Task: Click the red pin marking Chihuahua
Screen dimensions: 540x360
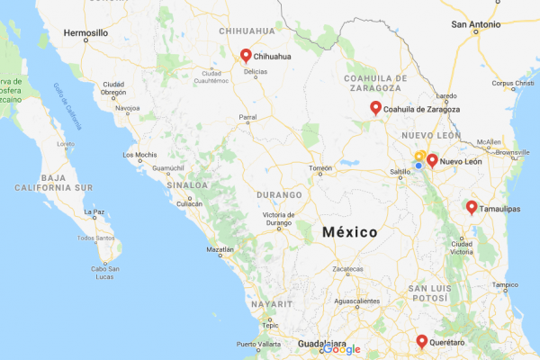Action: click(x=246, y=54)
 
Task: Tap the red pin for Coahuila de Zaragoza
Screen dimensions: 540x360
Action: click(x=375, y=108)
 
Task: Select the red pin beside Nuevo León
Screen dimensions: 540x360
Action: click(x=432, y=160)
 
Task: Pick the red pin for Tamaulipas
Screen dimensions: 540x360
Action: click(x=471, y=207)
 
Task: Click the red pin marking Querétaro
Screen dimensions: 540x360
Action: click(x=421, y=341)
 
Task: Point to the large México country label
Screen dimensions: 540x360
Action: click(x=350, y=231)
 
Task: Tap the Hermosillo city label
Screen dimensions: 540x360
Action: click(x=85, y=32)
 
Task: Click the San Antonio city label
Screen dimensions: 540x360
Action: click(x=477, y=23)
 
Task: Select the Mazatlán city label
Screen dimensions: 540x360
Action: click(x=220, y=249)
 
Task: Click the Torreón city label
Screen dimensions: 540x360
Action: click(x=320, y=168)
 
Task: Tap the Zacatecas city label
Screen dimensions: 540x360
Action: click(x=347, y=269)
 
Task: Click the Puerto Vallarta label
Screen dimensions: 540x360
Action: click(x=258, y=344)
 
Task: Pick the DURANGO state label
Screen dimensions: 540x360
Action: click(x=278, y=194)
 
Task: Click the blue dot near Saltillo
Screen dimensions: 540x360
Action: click(x=418, y=165)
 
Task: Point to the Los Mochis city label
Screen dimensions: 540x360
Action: click(x=140, y=155)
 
